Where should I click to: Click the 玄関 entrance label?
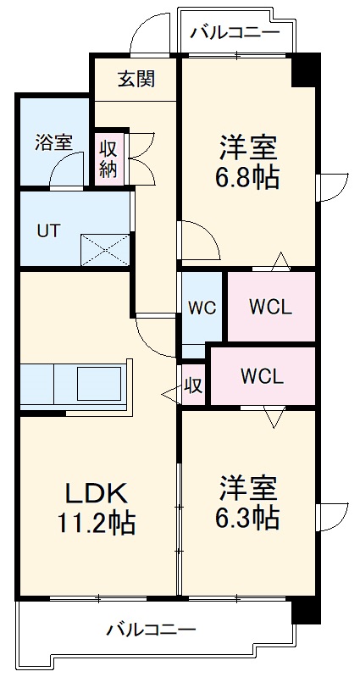(x=136, y=80)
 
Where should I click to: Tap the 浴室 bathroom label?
(x=53, y=142)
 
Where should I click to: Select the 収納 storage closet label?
(x=108, y=158)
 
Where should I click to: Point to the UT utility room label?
(x=47, y=230)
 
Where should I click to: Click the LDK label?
(x=96, y=492)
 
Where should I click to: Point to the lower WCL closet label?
(x=262, y=376)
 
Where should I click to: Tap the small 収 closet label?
(x=194, y=386)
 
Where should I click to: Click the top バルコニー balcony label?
(x=235, y=33)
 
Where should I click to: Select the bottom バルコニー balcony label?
(x=151, y=630)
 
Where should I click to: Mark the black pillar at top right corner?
(x=305, y=69)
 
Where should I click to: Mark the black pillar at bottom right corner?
(x=304, y=612)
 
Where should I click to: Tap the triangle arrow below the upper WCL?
(x=273, y=416)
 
